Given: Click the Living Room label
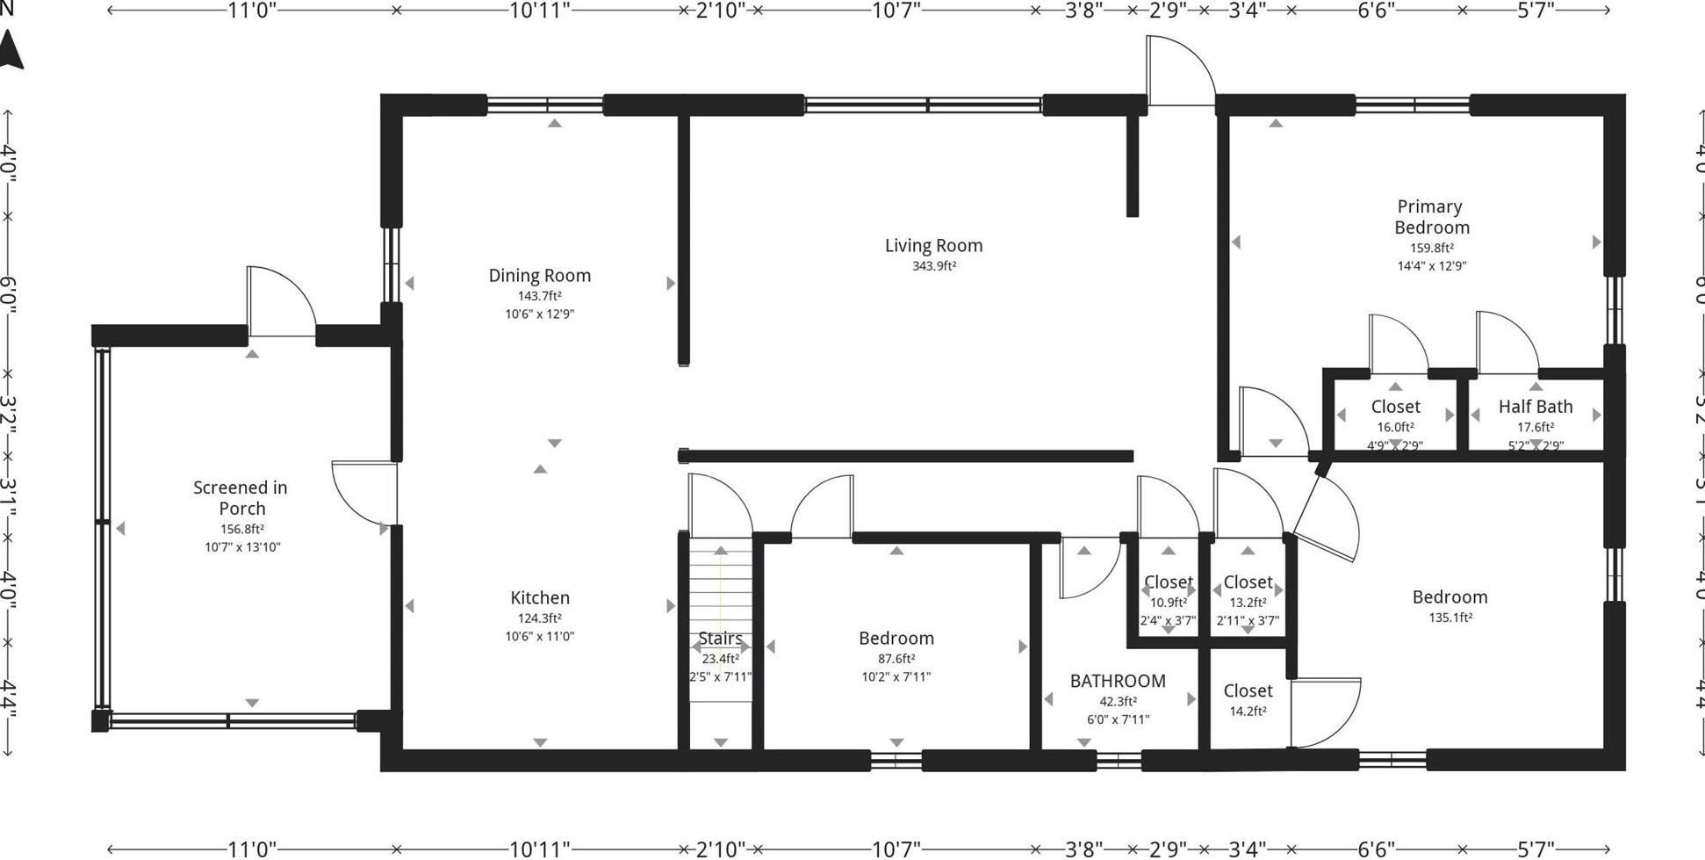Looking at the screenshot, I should pos(933,246).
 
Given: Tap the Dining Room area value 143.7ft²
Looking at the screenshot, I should pos(539,296).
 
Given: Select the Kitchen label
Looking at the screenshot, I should pos(540,598).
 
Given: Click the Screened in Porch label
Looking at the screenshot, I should pos(241,498).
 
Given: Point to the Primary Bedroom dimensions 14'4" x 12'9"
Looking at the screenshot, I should pos(1431,266).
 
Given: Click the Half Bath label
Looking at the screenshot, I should pos(1535,407).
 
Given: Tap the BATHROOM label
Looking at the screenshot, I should pos(1118,681).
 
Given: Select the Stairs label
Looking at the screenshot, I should pos(720,639).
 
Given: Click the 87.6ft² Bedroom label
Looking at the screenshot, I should pos(896,639).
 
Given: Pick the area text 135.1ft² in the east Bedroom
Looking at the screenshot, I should pos(1450,618).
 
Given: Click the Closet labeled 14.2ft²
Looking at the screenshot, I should pos(1248,691).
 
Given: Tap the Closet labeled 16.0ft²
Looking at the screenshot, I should pos(1395,407).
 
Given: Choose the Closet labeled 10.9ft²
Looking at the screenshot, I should pos(1168,582).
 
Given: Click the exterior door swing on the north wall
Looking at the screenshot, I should pos(1179,70).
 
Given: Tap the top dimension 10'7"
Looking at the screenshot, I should pos(896,11).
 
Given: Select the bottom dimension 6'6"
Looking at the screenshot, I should pos(1376,849).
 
